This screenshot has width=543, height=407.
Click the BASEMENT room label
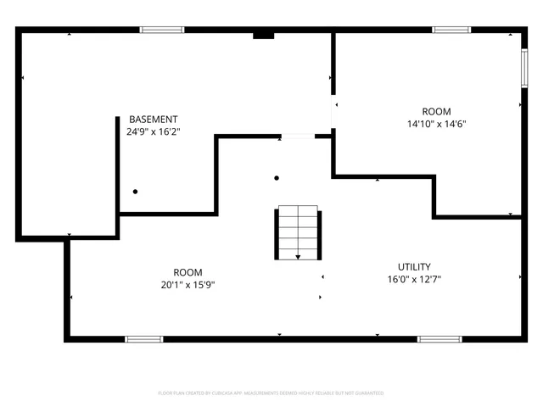(154, 119)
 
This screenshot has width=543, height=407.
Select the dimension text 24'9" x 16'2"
(154, 131)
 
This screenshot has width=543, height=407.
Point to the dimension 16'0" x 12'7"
(414, 279)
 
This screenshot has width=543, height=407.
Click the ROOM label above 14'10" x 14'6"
(436, 111)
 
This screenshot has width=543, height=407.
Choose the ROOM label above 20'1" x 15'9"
(188, 272)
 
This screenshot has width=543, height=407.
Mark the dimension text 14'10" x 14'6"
(436, 124)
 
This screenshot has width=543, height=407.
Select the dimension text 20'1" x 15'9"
(188, 285)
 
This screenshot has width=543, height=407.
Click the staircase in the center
(296, 231)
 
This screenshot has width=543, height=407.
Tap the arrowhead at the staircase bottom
(297, 256)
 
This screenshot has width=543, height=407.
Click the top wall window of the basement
(162, 31)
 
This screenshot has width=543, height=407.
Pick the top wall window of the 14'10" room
(453, 31)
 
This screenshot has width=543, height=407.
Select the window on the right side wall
(523, 68)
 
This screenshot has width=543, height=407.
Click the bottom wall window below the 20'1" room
(144, 339)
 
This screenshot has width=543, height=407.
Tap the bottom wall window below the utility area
(439, 339)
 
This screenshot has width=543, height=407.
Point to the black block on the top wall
(264, 35)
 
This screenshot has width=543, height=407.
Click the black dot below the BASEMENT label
(135, 192)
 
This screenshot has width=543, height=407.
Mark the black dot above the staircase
(277, 178)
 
